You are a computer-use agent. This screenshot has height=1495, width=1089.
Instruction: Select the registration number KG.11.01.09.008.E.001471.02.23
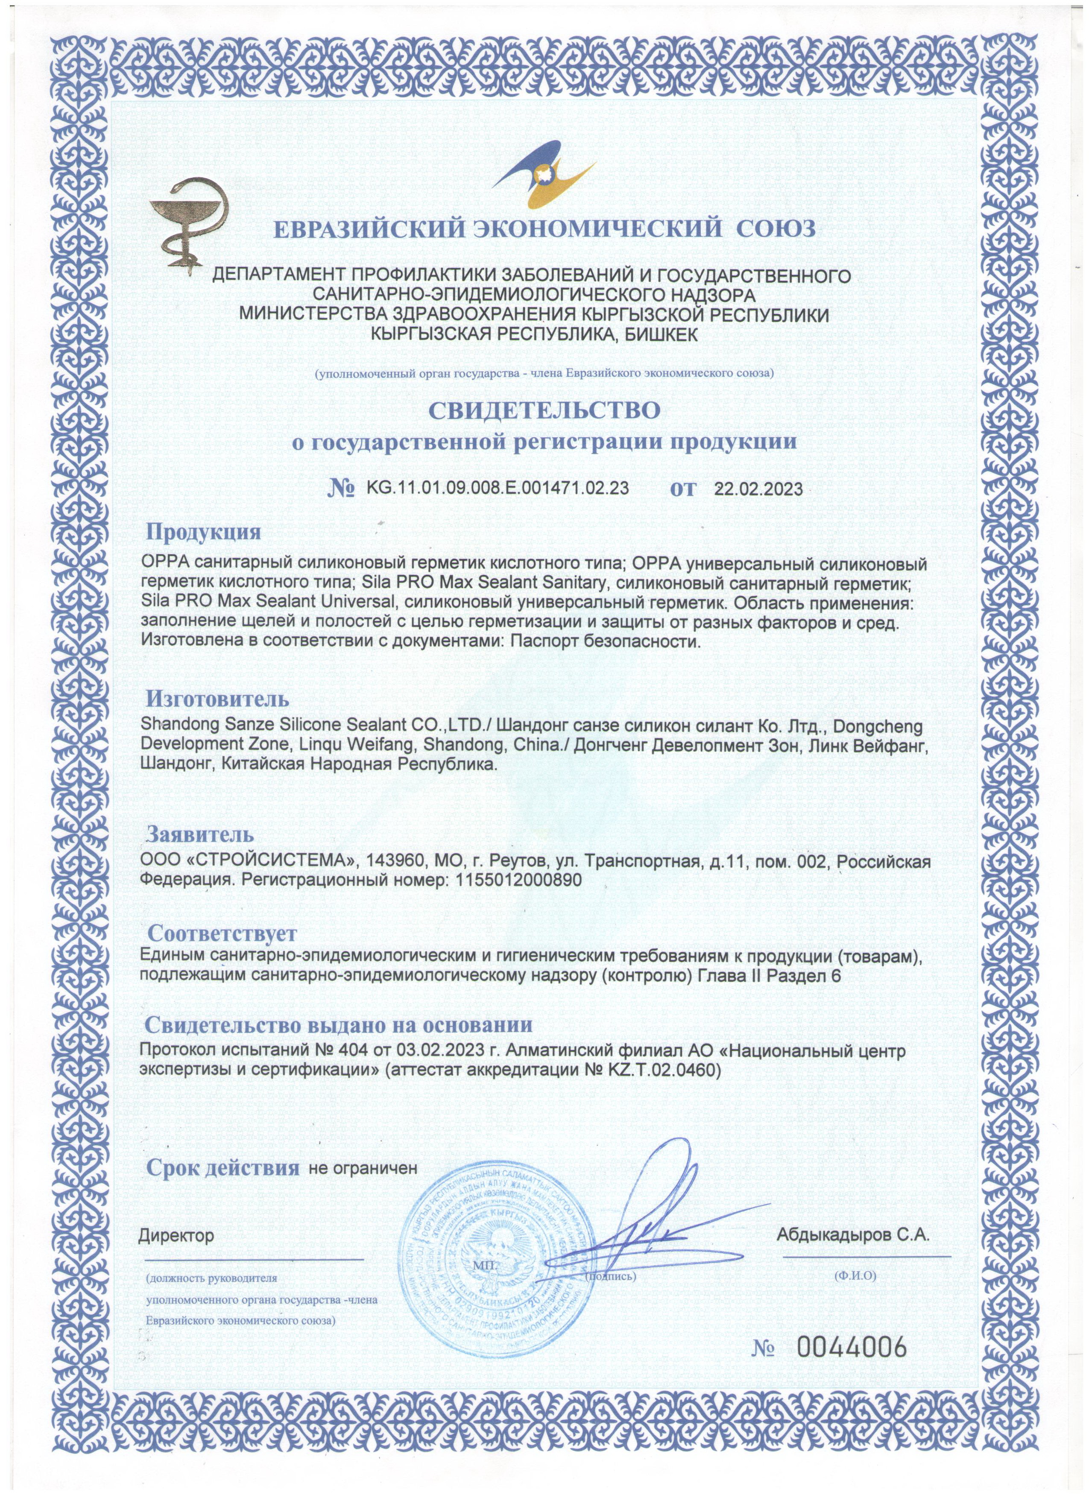491,489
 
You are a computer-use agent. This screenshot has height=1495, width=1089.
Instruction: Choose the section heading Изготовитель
217,699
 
